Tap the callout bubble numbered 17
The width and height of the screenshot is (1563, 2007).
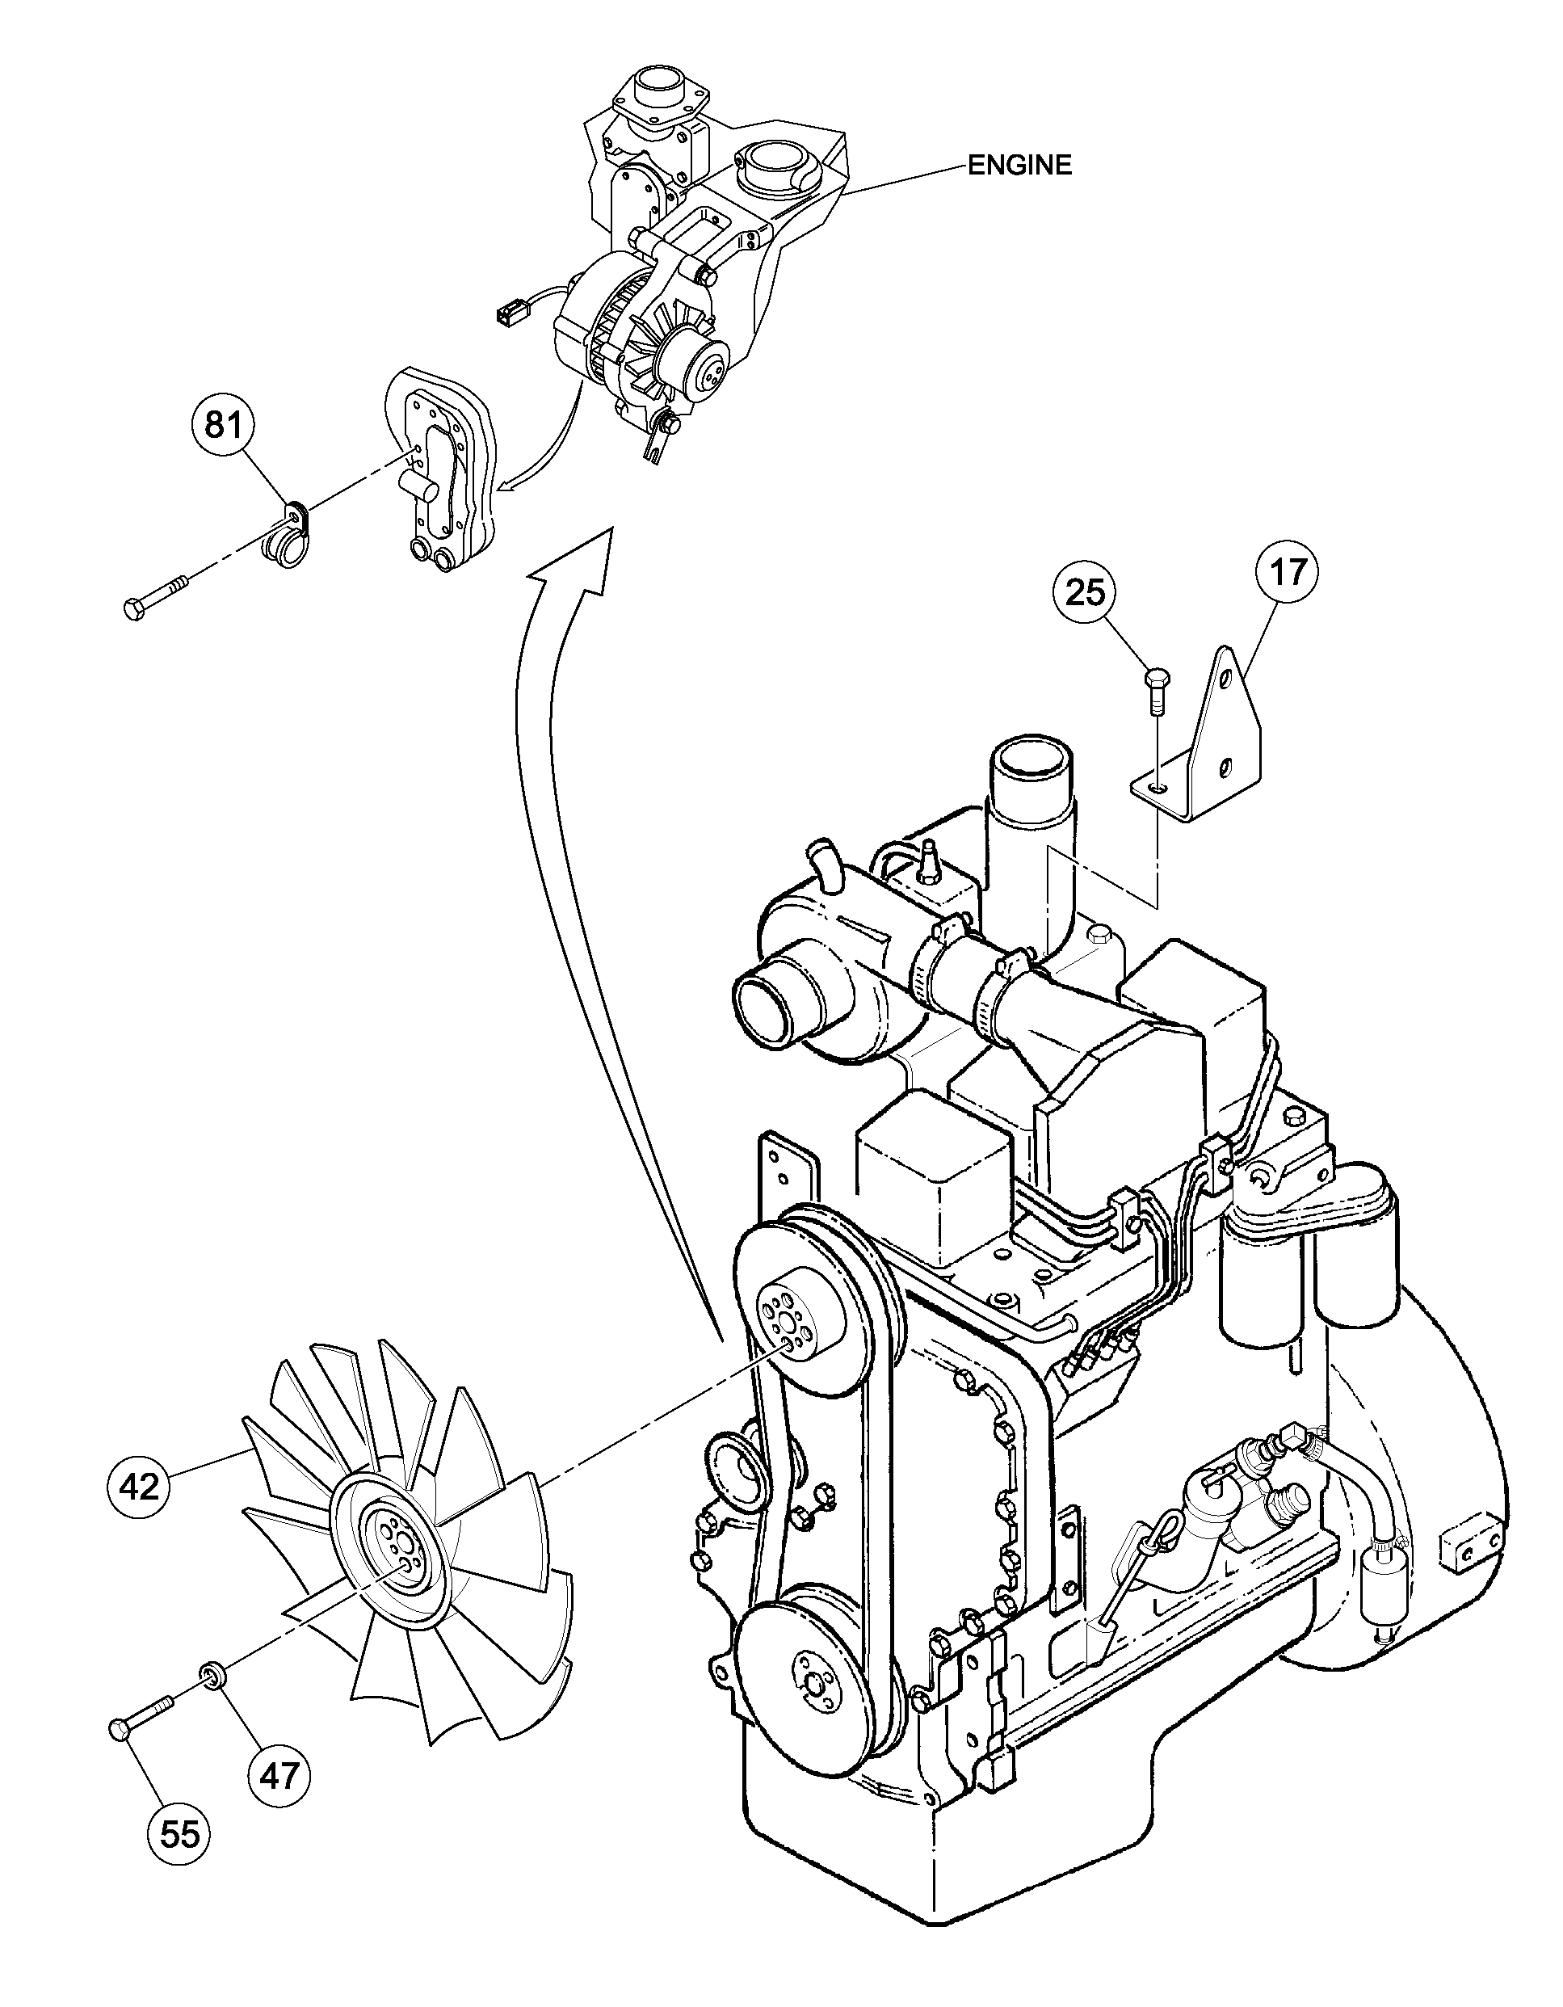coord(1288,573)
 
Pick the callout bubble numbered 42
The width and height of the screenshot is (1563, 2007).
coord(139,1487)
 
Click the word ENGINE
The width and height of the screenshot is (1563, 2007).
coord(1020,166)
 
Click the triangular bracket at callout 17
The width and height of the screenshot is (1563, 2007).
coord(1213,740)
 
